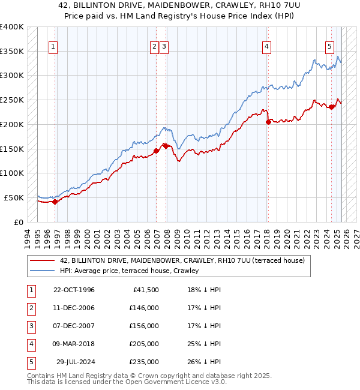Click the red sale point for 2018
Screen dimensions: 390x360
click(268, 122)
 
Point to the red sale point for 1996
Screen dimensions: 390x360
click(55, 202)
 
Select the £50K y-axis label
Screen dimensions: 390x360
click(14, 197)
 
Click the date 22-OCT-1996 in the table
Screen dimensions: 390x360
click(74, 290)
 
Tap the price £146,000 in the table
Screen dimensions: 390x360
click(144, 308)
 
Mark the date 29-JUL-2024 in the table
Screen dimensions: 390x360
click(75, 362)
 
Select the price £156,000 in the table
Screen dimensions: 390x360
click(144, 326)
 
